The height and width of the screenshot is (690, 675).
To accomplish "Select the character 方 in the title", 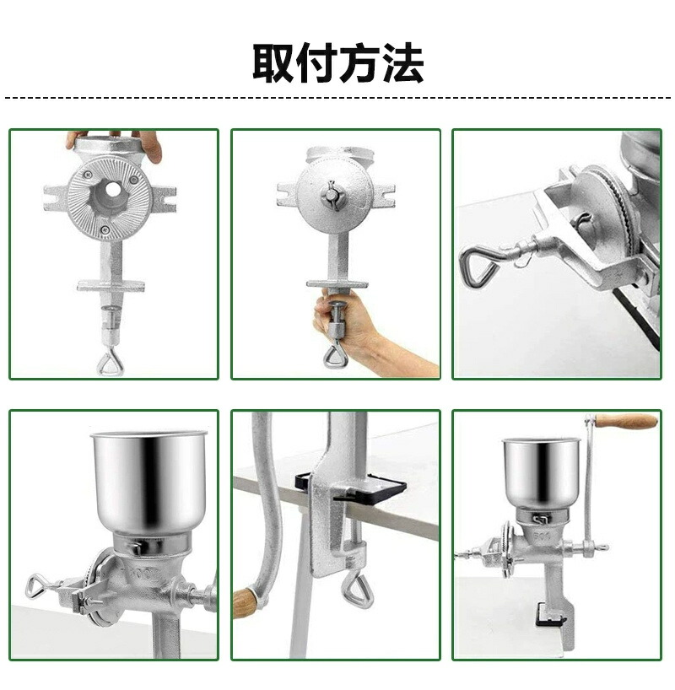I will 360,62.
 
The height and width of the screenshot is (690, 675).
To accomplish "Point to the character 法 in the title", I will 402,62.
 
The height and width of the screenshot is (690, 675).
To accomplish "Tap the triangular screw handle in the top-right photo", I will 478,263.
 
